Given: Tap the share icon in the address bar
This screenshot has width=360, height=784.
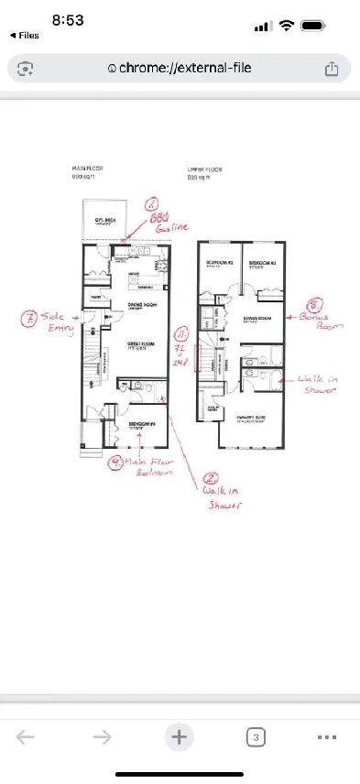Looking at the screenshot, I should (332, 68).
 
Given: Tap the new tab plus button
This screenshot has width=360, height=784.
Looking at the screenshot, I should (180, 736).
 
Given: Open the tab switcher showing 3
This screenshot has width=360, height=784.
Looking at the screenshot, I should (256, 736).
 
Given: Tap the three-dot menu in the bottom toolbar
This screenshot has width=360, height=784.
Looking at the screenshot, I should (327, 736).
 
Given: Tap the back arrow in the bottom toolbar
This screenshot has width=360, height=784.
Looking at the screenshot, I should (26, 736).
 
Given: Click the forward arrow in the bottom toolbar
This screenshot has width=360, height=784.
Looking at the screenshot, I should (102, 736).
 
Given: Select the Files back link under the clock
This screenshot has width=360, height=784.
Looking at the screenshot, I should (25, 36).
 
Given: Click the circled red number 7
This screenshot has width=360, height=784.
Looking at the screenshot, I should (29, 320).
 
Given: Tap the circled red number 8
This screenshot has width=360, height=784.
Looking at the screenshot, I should (313, 307).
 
